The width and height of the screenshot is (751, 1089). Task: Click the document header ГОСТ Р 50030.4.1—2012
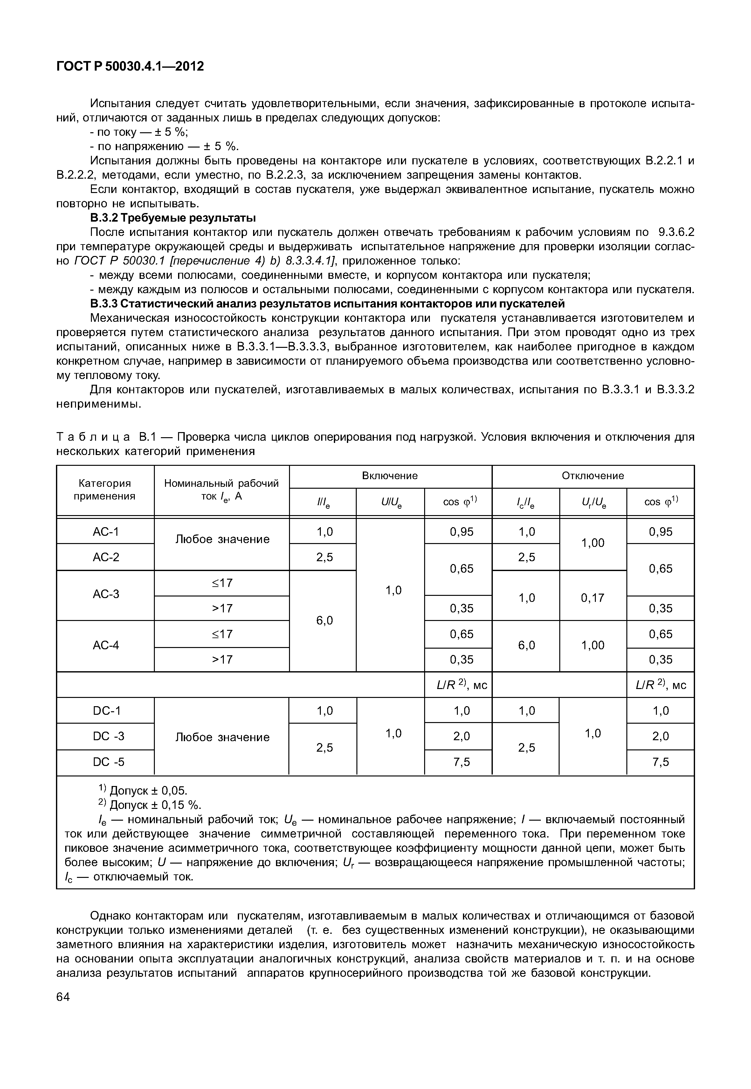(130, 66)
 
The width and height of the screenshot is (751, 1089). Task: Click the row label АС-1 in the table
(106, 532)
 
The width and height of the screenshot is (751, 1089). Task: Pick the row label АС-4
(106, 645)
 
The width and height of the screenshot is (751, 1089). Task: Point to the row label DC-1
(106, 711)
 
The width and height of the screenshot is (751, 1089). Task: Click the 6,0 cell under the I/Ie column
(324, 621)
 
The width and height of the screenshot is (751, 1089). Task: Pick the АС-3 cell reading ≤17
(222, 583)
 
